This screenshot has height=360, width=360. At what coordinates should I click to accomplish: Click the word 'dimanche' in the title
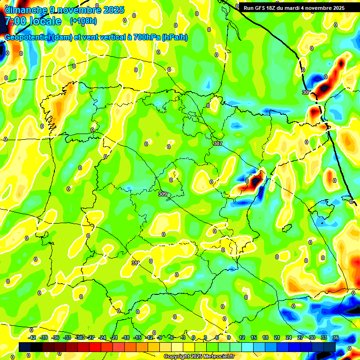[x=25, y=10]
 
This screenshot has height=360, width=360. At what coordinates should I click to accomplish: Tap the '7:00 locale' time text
[x=33, y=22]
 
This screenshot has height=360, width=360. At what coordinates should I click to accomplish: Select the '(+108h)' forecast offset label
[x=83, y=21]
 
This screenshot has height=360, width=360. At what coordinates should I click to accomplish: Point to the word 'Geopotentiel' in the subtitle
[x=28, y=37]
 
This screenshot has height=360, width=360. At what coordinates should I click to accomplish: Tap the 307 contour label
[x=217, y=143]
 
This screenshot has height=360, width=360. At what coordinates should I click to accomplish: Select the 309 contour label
[x=163, y=194]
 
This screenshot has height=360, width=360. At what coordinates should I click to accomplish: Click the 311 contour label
[x=135, y=263]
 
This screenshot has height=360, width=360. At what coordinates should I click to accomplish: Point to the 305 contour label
[x=307, y=92]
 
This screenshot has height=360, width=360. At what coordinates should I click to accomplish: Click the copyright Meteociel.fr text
[x=198, y=357]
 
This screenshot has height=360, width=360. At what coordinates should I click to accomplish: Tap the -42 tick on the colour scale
[x=32, y=337]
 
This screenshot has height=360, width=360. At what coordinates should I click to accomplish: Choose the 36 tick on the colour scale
[x=335, y=337]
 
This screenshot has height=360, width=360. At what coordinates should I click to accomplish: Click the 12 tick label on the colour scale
[x=242, y=337]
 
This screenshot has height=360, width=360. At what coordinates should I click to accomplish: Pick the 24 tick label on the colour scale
[x=288, y=337]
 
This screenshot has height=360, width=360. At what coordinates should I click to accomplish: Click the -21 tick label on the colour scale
[x=114, y=337]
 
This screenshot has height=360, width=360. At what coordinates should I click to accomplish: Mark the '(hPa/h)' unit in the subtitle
[x=174, y=37]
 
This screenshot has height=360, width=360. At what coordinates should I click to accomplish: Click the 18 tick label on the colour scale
[x=265, y=337]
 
